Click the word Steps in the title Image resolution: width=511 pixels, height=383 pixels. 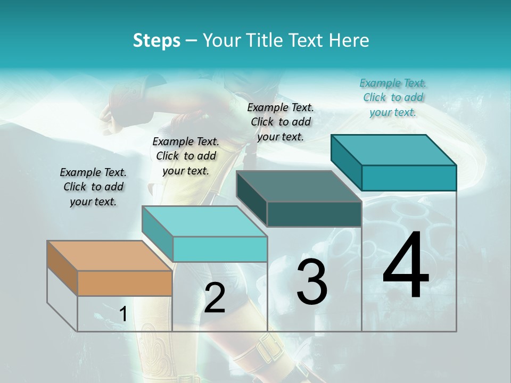[x=156, y=40]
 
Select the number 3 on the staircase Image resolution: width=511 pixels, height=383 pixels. [x=311, y=282]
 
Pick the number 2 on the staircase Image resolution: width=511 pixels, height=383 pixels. [x=215, y=298]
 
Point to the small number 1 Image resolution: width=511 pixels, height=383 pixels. [x=123, y=314]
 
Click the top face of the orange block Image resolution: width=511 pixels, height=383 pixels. [x=110, y=256]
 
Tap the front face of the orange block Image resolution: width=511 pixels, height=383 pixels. [x=125, y=283]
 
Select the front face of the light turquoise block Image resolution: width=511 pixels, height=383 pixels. [x=220, y=249]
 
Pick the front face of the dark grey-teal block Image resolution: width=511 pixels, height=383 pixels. [x=314, y=214]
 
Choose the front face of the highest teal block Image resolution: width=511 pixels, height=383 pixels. [x=409, y=178]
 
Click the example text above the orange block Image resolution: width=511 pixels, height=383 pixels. [x=93, y=187]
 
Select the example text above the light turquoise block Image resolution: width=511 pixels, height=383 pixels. [x=186, y=156]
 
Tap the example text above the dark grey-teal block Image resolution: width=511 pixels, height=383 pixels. [x=281, y=122]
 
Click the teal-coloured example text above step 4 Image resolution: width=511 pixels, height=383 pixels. [x=393, y=97]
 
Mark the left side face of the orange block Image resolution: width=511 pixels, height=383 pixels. [x=62, y=268]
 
